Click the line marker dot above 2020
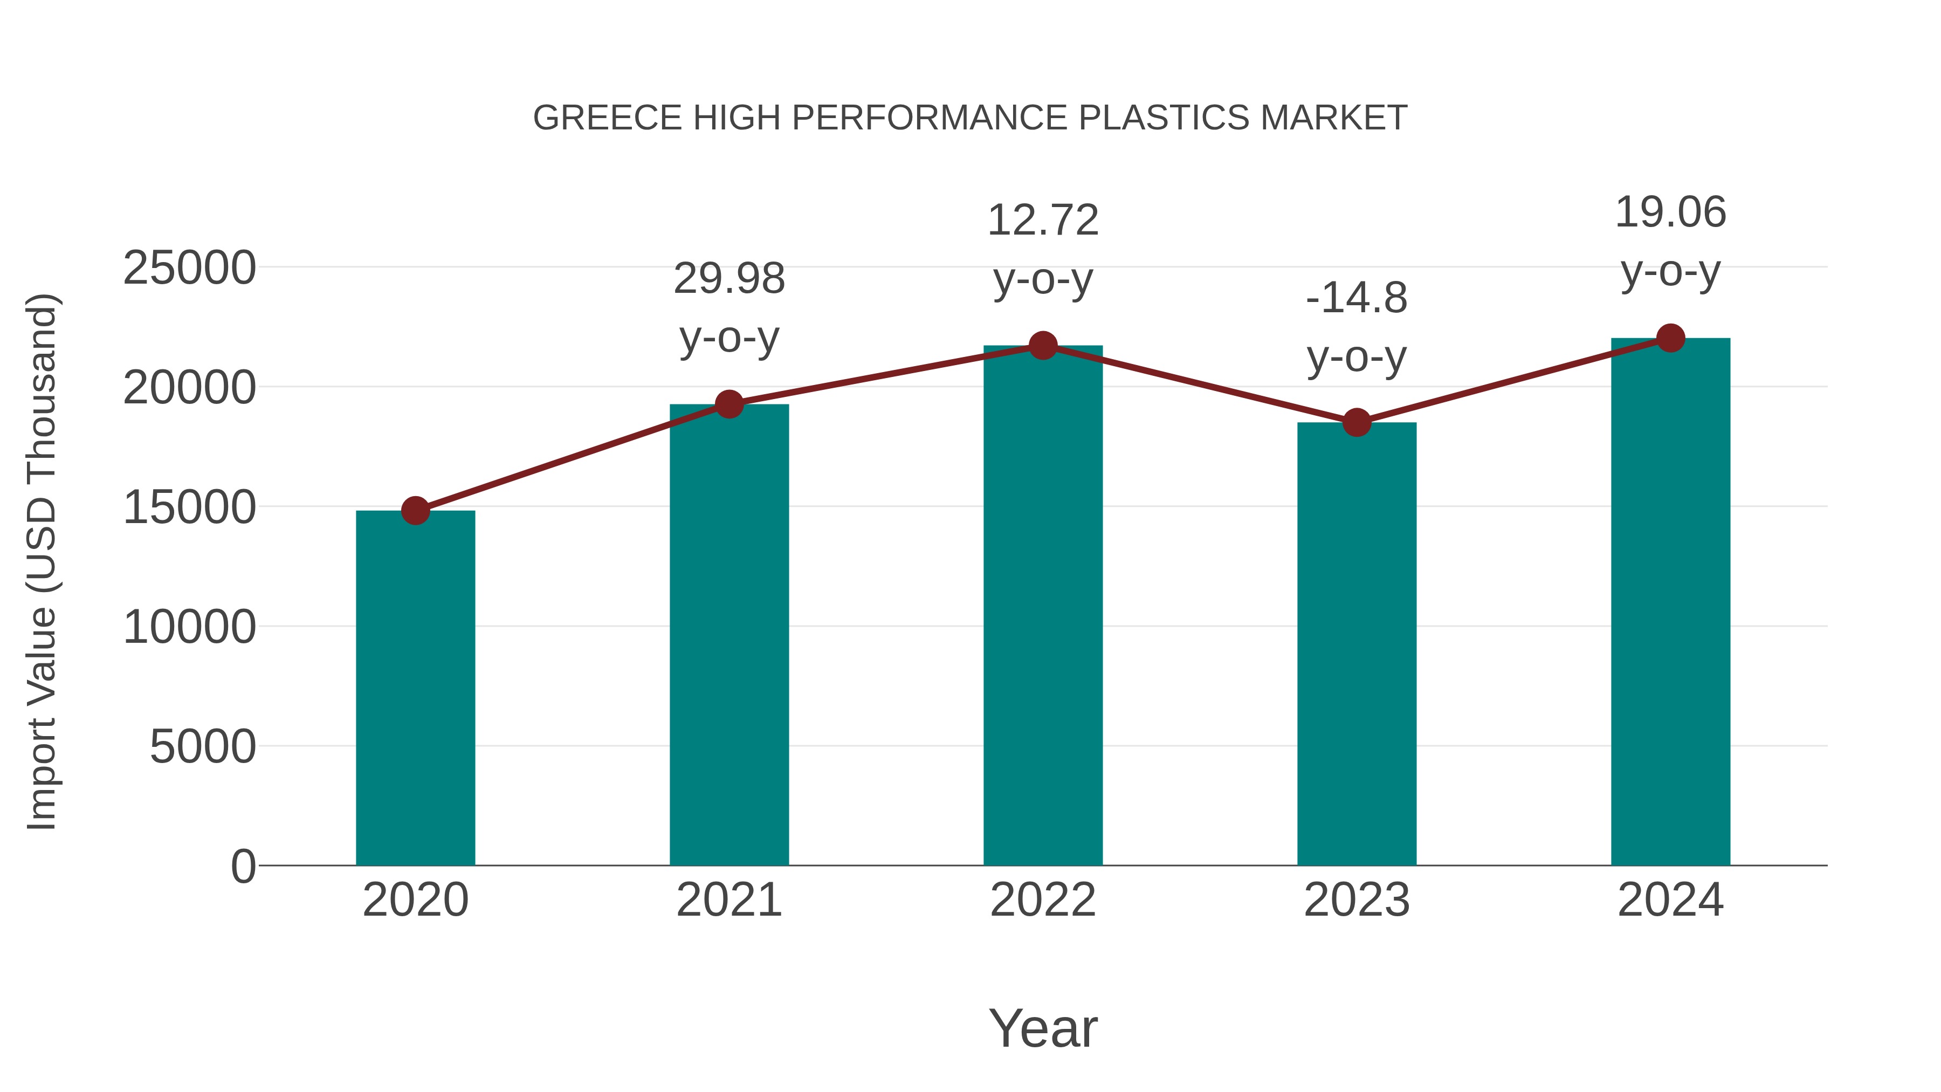coord(415,511)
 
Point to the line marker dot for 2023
coord(1357,423)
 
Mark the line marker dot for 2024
coord(1670,338)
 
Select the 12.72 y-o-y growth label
coord(1043,250)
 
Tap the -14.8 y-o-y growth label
coord(1357,327)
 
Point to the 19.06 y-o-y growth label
coord(1670,241)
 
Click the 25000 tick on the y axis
coord(189,269)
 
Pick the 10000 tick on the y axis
coord(189,627)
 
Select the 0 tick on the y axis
coord(243,867)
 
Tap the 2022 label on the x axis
coord(1043,900)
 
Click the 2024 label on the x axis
coord(1670,900)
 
